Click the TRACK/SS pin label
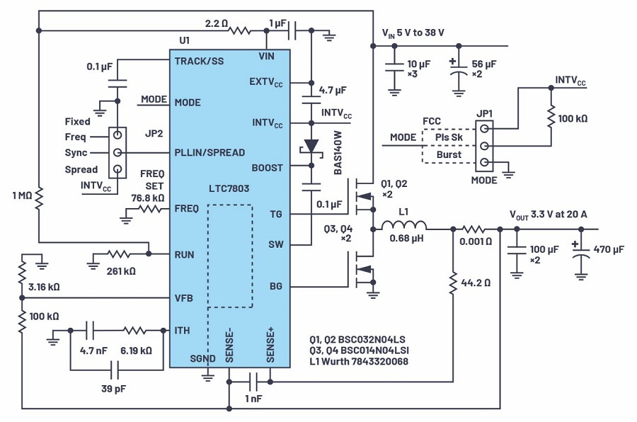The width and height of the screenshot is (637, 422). coord(199,61)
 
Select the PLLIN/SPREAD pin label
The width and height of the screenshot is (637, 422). coord(210,152)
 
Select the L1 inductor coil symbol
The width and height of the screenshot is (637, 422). coord(403,228)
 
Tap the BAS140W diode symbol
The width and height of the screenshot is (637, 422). coord(311,147)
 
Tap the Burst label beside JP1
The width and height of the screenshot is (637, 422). coord(449,155)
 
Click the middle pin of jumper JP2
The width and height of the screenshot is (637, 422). coord(115,152)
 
